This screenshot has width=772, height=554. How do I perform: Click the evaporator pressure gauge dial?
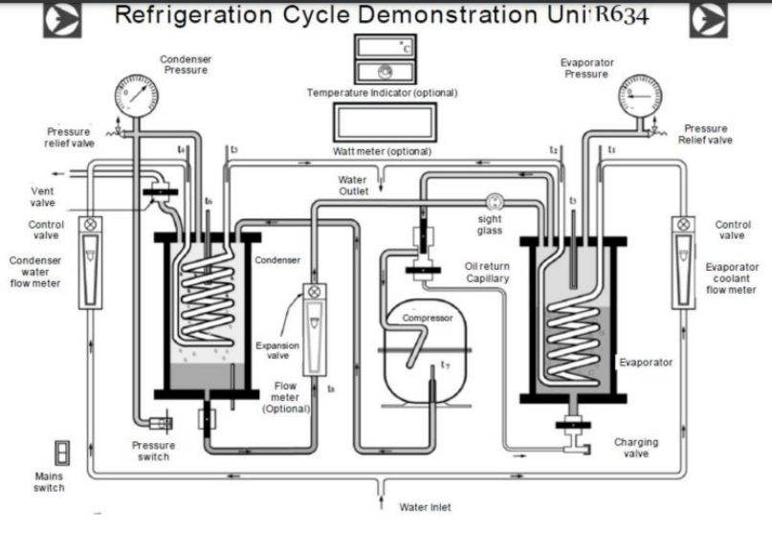[x=637, y=96]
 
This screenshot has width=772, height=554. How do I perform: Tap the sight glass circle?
[x=494, y=201]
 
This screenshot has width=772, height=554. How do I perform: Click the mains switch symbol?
[x=62, y=453]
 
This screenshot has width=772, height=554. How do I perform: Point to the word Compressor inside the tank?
[x=427, y=318]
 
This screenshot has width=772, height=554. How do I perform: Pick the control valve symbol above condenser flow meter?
[x=91, y=224]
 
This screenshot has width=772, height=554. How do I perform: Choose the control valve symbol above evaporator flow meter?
[x=681, y=224]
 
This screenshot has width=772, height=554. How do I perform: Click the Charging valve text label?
[x=636, y=448]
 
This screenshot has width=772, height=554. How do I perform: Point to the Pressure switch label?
[x=153, y=451]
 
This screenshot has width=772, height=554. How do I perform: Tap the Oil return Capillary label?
[x=487, y=272]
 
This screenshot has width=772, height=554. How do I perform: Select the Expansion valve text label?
[x=277, y=350]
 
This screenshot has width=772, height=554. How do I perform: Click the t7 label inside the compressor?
[x=445, y=366]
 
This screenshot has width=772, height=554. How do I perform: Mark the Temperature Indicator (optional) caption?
[x=382, y=93]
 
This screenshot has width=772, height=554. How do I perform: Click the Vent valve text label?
[x=42, y=196]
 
